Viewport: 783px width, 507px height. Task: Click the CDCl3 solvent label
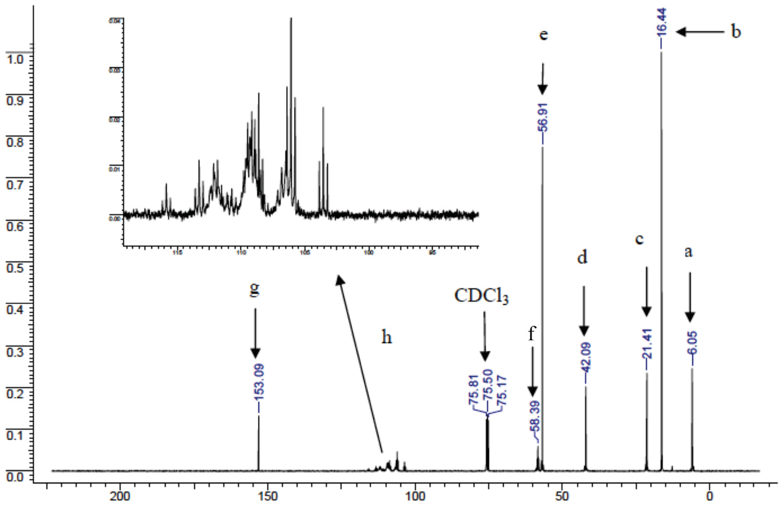pyautogui.click(x=481, y=297)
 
